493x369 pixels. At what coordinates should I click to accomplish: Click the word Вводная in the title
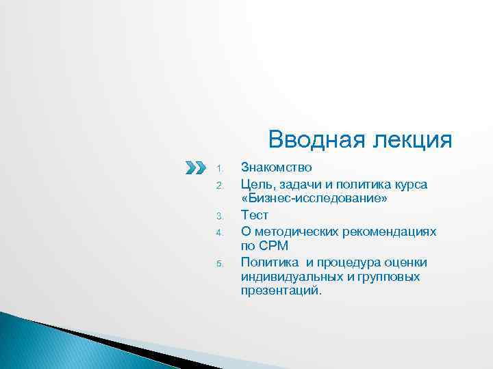tap(316, 139)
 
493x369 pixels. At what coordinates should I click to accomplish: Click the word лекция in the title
tap(412, 139)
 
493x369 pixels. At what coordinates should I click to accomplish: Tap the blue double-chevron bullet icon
tap(195, 167)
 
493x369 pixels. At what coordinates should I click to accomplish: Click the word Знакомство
tap(277, 167)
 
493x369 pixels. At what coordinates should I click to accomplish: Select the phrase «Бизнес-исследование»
tap(314, 199)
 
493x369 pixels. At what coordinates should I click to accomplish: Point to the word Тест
tap(255, 215)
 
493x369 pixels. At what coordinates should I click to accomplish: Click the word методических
tap(295, 231)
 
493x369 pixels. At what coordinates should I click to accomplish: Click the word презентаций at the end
tap(279, 291)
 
